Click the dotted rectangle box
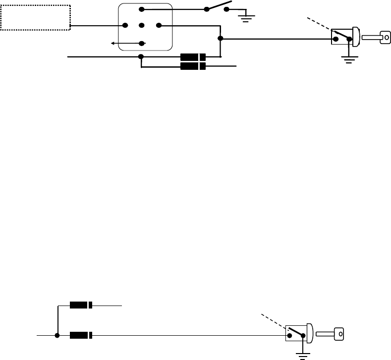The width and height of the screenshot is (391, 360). click(x=36, y=17)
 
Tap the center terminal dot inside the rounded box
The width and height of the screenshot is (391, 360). click(x=141, y=25)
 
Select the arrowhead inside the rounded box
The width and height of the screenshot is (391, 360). click(x=114, y=44)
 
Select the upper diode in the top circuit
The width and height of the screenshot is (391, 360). click(x=193, y=56)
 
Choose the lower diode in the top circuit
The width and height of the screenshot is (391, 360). click(x=193, y=66)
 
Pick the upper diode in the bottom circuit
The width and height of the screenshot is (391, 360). click(x=81, y=306)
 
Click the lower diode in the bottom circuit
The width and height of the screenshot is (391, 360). click(x=81, y=335)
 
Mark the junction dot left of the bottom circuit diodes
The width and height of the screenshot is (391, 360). click(x=58, y=335)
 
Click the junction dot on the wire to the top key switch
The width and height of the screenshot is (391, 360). click(x=220, y=39)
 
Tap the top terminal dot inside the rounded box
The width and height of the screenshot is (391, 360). click(x=141, y=9)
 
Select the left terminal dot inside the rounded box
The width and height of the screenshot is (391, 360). click(x=124, y=25)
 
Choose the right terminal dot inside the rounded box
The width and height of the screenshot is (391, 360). click(x=158, y=25)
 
